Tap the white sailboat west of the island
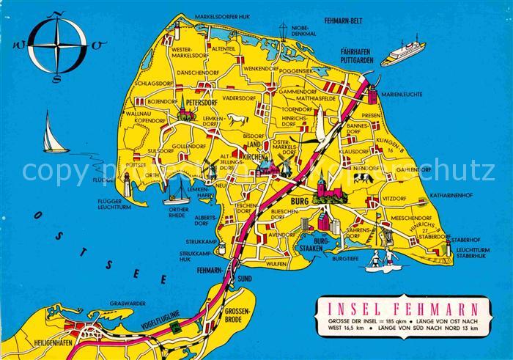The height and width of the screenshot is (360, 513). point(53,133)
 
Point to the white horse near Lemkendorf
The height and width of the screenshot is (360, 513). point(236,120)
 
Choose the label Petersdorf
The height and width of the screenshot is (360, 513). point(205,103)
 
